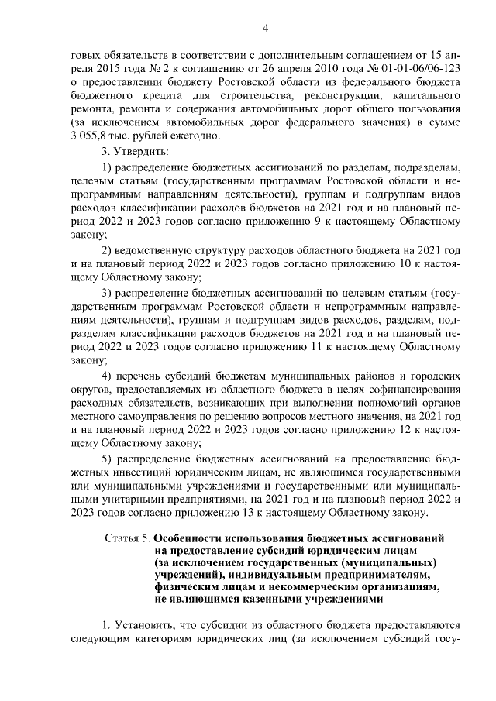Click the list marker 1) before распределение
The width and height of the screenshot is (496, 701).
coord(108,168)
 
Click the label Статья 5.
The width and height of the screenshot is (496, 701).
coord(127,538)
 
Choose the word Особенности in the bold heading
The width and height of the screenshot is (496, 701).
coord(191,538)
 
